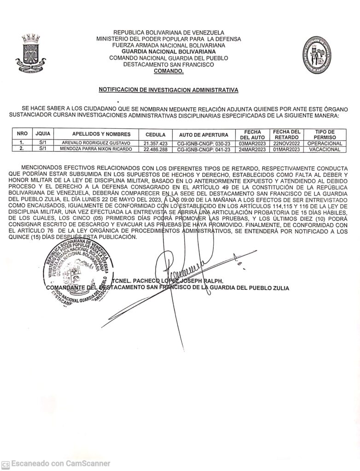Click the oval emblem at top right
[315, 54]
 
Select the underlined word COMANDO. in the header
[168, 72]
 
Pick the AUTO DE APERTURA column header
[203, 134]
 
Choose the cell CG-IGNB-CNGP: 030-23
[203, 143]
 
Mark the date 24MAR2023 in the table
[253, 149]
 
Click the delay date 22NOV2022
[286, 143]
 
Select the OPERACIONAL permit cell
[325, 143]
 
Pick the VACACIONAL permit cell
[325, 149]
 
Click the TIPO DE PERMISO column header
[325, 134]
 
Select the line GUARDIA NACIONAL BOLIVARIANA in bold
[168, 52]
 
